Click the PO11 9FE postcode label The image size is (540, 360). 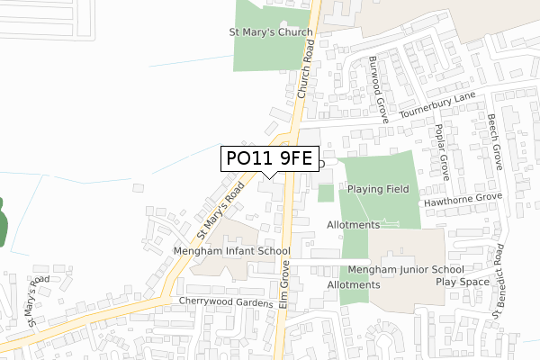point(269,158)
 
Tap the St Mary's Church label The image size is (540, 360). point(270,32)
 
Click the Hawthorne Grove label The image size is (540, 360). point(463,197)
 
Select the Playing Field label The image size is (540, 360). point(378,189)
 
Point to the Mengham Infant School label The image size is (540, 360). point(230,251)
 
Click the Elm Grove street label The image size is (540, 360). point(285,286)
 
